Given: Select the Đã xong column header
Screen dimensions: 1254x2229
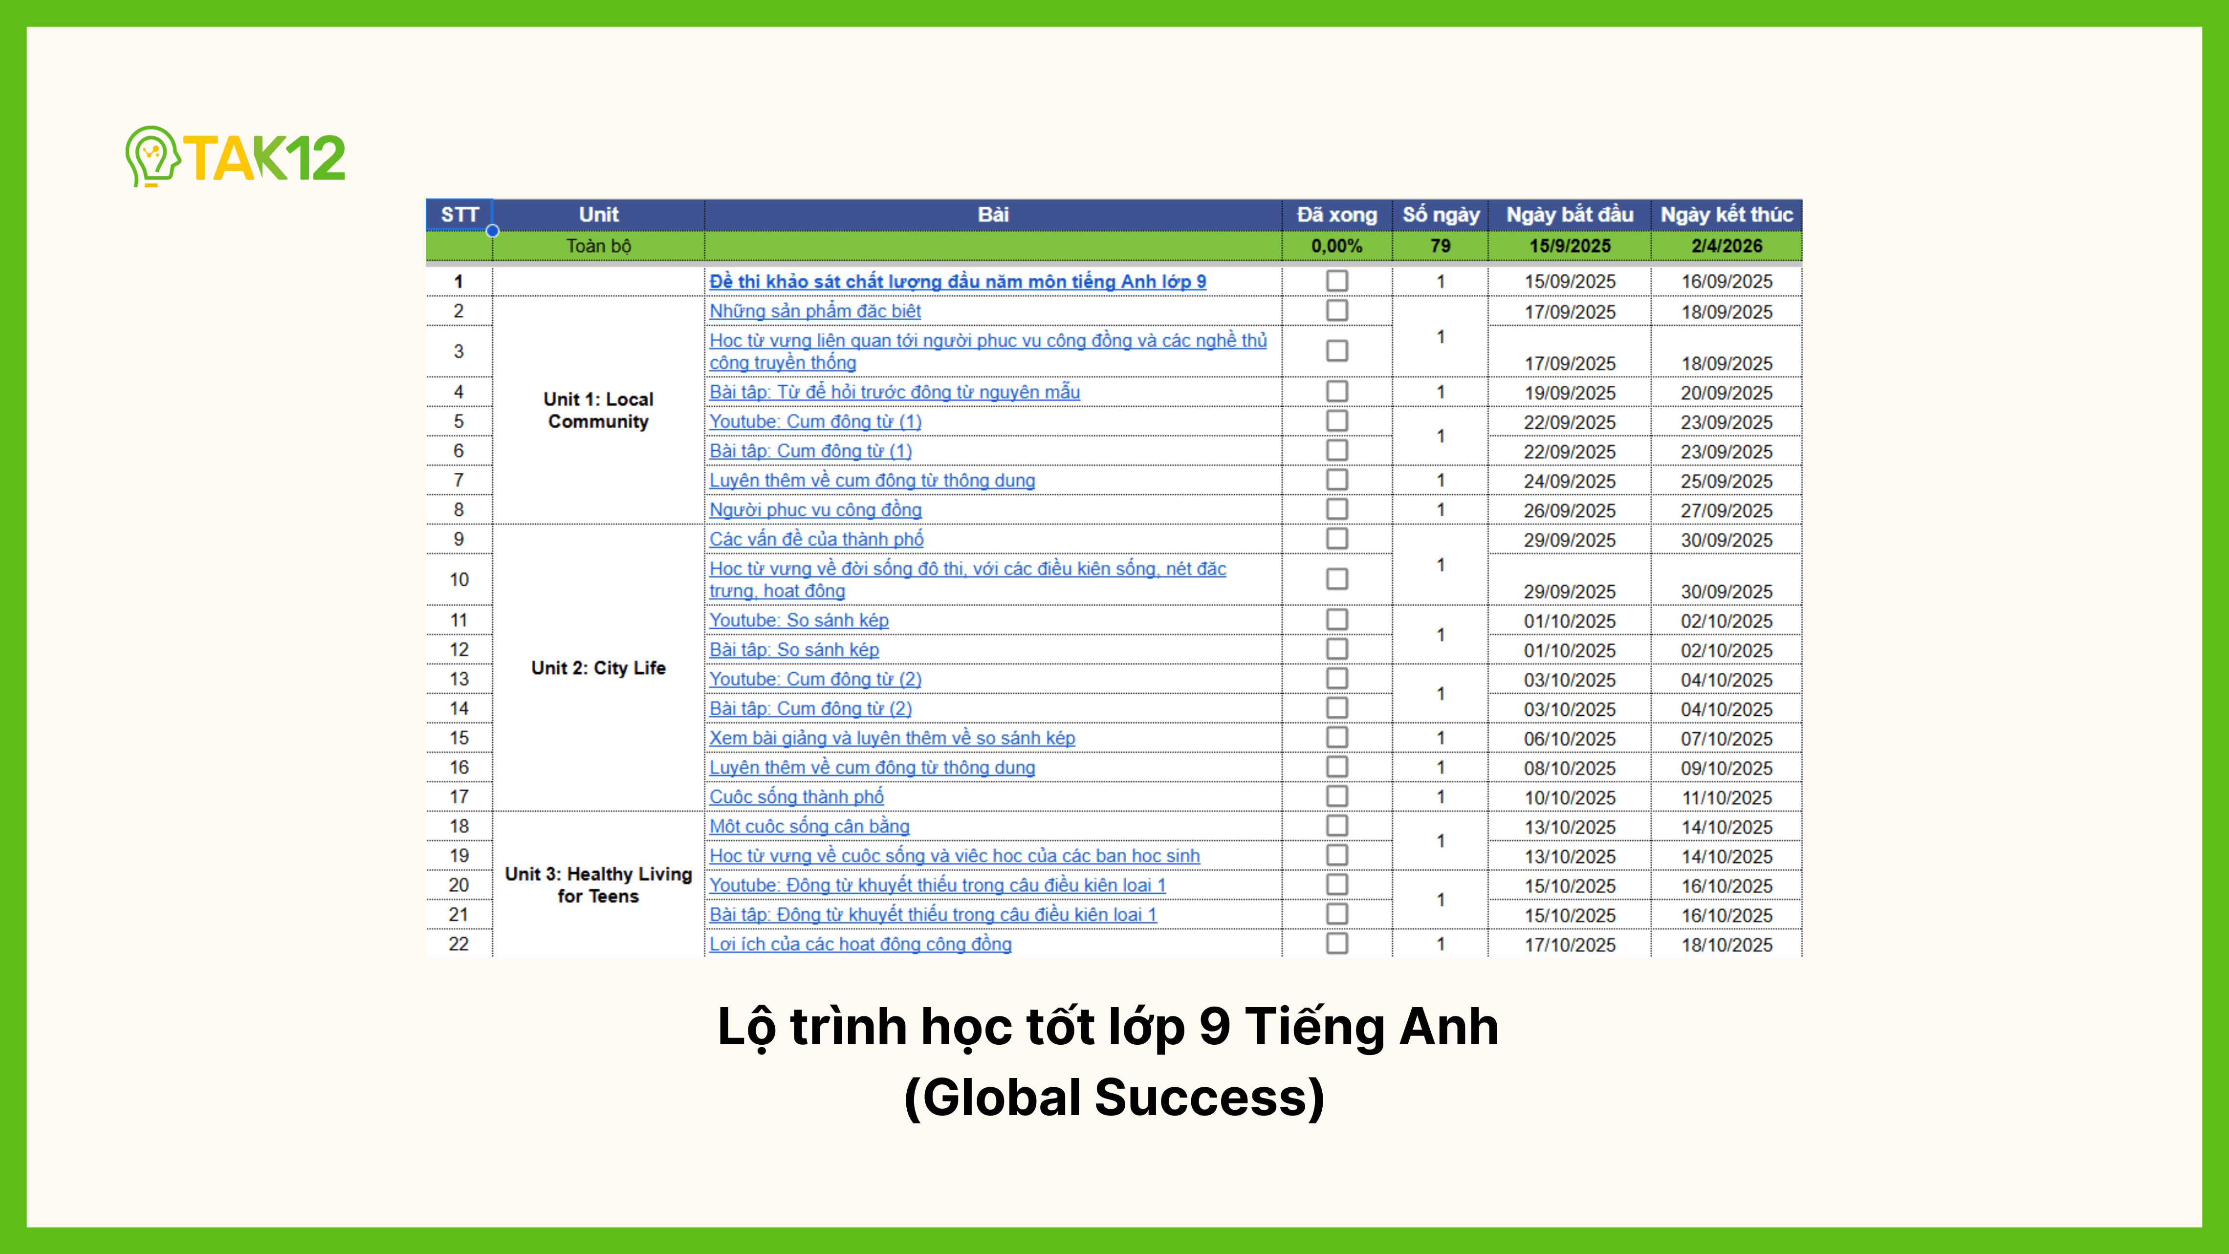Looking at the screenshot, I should pyautogui.click(x=1336, y=215).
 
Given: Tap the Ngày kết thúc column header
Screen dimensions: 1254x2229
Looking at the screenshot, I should pyautogui.click(x=1726, y=215).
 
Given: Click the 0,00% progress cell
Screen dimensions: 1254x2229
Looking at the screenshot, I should pyautogui.click(x=1336, y=246).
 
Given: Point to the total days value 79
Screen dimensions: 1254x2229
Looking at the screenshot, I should pyautogui.click(x=1440, y=246).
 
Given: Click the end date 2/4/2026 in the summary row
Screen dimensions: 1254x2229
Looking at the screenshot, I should pyautogui.click(x=1726, y=246).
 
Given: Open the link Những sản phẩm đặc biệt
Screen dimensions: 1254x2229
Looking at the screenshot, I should pyautogui.click(x=814, y=310).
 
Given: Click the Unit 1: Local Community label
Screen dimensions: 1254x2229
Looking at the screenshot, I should pyautogui.click(x=598, y=410).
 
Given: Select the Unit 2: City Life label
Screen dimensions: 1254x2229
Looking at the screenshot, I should pyautogui.click(x=598, y=668).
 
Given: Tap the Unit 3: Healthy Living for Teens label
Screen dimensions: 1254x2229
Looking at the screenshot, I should pyautogui.click(x=598, y=884).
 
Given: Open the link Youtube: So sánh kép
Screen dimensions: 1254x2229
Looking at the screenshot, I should pyautogui.click(x=799, y=620).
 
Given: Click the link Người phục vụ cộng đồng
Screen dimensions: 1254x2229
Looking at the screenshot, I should pyautogui.click(x=815, y=510).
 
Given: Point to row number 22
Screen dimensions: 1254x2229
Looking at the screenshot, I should pyautogui.click(x=459, y=944).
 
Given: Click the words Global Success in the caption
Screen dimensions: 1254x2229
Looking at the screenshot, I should pyautogui.click(x=1114, y=1098).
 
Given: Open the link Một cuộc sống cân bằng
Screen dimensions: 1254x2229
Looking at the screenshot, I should pyautogui.click(x=809, y=827).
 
